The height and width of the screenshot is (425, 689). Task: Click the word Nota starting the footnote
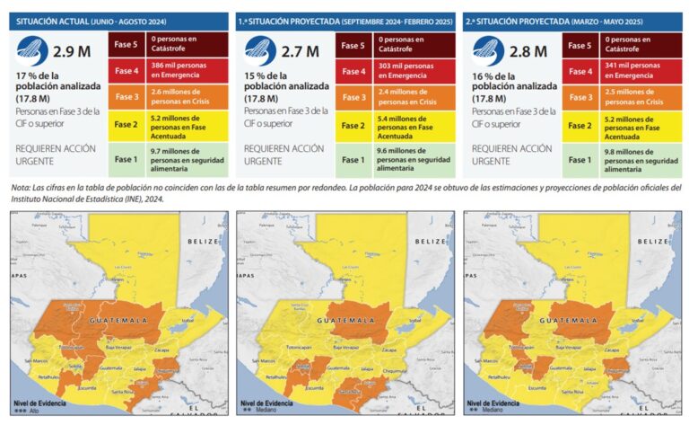click(x=20, y=187)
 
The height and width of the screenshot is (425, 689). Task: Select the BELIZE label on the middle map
click(x=431, y=241)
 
